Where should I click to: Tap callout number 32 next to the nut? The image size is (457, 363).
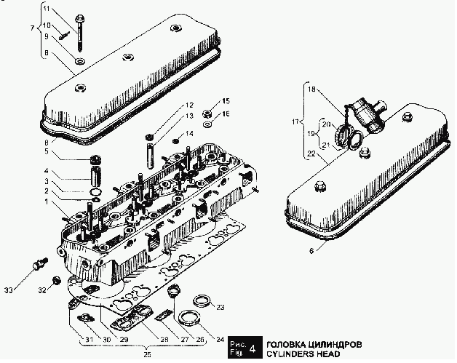(42, 290)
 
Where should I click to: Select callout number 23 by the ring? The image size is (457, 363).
(220, 306)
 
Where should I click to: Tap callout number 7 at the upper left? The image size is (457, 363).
(31, 28)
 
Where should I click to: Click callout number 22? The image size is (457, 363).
(311, 154)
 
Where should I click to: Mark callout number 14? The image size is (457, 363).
(190, 134)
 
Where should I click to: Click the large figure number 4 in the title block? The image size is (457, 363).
(252, 348)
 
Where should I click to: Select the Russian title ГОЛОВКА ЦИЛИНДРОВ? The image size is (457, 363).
(314, 343)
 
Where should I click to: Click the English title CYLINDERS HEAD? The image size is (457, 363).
(303, 354)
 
